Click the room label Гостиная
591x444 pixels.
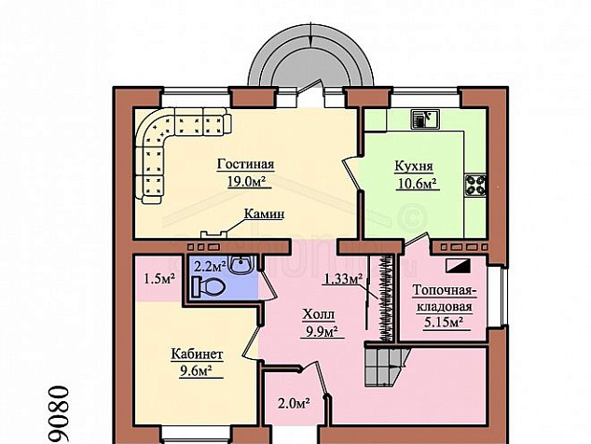pos(245,165)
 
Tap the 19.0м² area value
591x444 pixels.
pos(246,182)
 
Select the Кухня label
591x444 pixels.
pos(414,166)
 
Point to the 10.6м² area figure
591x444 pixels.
pos(418,184)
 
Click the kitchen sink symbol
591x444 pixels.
pos(425,118)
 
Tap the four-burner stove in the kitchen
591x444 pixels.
pos(475,186)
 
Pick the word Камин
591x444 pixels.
pos(264,214)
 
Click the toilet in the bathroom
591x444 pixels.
pos(208,286)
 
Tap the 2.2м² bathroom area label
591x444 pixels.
pos(210,266)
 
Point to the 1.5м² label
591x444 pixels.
pos(159,279)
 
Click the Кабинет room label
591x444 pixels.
pos(197,354)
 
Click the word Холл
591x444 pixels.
pos(319,314)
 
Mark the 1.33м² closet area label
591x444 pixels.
pos(343,279)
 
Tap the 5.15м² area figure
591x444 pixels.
pos(444,323)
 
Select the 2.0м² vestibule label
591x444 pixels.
pos(294,403)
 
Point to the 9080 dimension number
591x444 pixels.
pos(59,414)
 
